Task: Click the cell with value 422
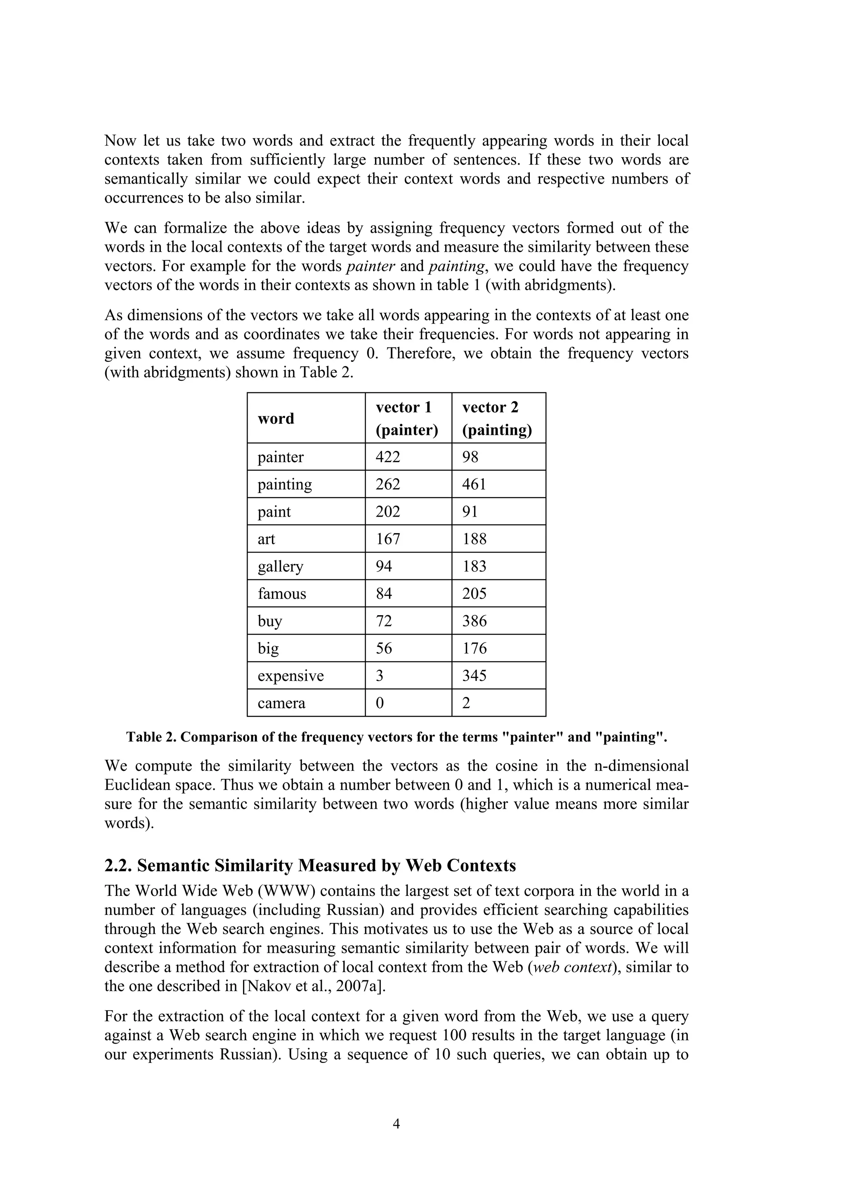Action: click(x=388, y=457)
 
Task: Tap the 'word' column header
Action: click(x=276, y=418)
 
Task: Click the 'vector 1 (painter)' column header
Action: click(x=406, y=418)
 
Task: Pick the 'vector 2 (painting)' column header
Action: click(x=497, y=418)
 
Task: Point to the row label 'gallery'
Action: click(x=281, y=566)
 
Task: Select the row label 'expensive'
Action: click(x=290, y=675)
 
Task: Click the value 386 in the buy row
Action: click(x=474, y=621)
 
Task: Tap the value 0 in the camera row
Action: click(x=380, y=703)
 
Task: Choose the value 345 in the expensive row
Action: click(x=474, y=675)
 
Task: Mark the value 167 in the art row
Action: click(x=388, y=538)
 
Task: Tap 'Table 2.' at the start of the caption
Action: click(x=150, y=737)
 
